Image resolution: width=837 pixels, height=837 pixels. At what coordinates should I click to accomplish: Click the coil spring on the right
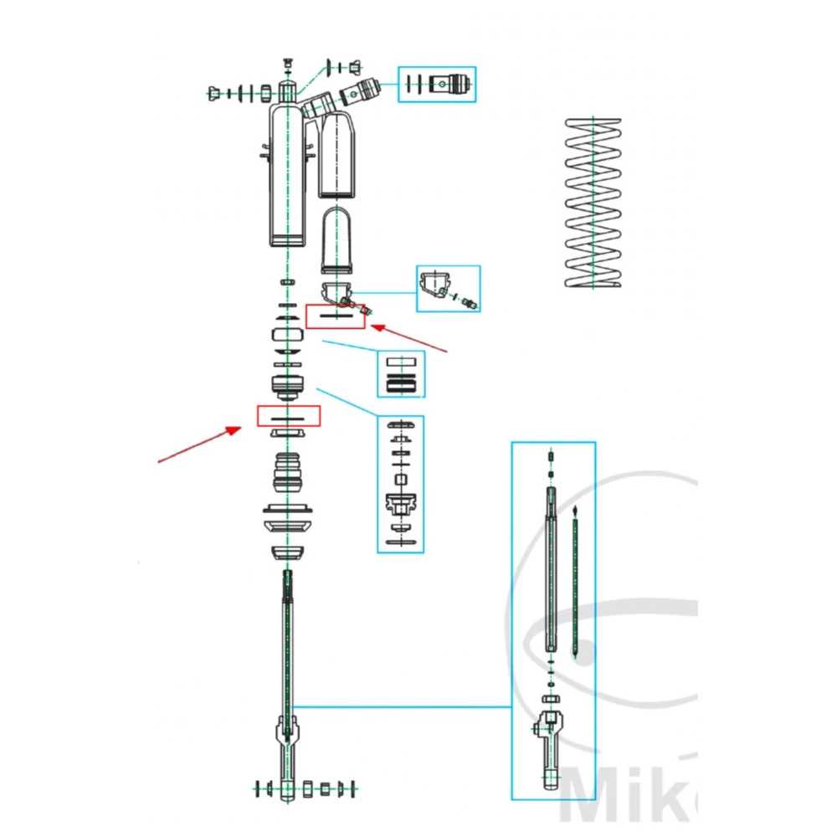(x=593, y=203)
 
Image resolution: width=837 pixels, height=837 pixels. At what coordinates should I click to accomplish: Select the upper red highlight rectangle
(x=336, y=316)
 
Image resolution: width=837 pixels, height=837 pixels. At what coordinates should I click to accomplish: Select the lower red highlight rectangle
(x=289, y=416)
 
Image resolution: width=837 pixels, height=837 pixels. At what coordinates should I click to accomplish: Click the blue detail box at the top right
(x=437, y=85)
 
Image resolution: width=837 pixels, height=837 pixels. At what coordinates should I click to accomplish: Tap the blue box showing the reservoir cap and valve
(x=449, y=289)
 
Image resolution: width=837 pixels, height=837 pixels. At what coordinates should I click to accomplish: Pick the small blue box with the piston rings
(x=401, y=374)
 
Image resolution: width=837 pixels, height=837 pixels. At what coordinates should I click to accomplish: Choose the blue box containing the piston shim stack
(x=400, y=484)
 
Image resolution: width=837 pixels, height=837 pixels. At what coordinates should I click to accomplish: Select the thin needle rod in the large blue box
(x=576, y=586)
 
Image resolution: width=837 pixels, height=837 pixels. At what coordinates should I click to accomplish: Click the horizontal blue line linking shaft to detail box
(x=402, y=707)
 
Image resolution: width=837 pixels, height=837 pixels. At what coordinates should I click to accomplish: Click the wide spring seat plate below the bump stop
(x=288, y=510)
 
